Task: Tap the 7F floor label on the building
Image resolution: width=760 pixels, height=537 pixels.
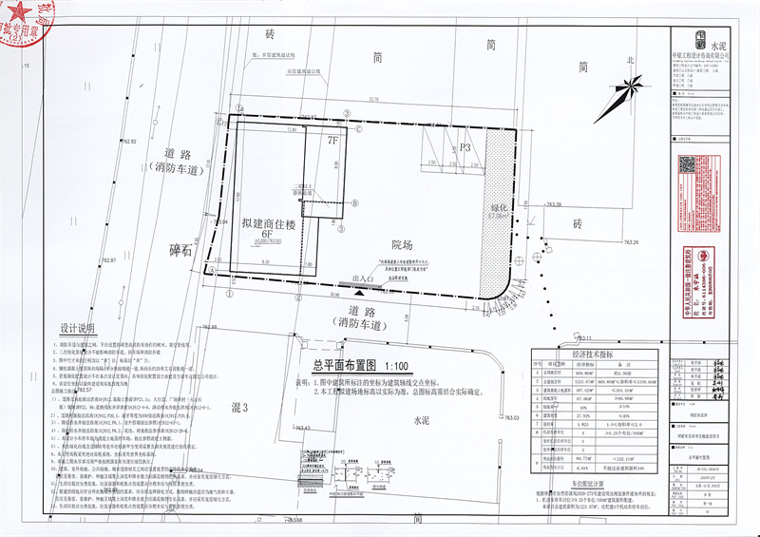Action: point(332,141)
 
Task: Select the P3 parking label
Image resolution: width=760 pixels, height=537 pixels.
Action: point(465,147)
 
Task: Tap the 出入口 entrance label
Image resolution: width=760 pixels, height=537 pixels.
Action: point(363,278)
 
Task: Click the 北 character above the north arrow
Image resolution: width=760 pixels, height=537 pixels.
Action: point(628,59)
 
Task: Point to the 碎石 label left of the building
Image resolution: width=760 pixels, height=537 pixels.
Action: point(180,250)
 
